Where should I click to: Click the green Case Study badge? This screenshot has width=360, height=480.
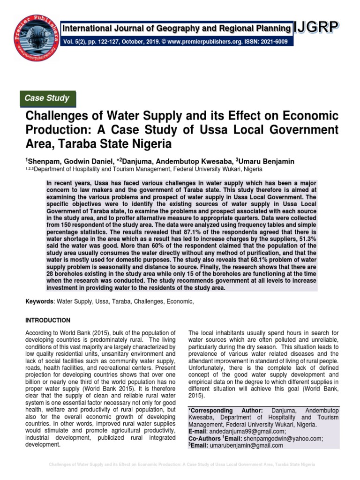[46, 98]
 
